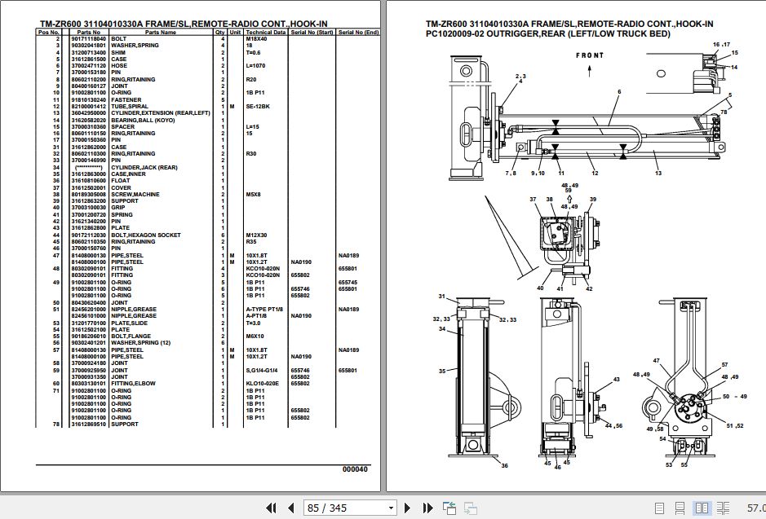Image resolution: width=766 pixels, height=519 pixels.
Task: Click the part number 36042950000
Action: click(x=88, y=112)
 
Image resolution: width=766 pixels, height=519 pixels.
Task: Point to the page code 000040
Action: click(x=355, y=468)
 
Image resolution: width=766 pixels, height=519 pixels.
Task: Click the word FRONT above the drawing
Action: click(x=590, y=55)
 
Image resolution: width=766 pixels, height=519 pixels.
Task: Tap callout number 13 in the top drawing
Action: click(x=658, y=173)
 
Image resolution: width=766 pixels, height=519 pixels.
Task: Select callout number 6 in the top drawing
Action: click(x=619, y=92)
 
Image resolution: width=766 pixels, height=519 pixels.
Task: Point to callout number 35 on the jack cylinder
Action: click(x=441, y=371)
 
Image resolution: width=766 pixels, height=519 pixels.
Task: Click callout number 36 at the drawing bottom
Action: click(x=504, y=465)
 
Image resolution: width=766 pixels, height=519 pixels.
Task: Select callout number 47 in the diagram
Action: click(x=654, y=359)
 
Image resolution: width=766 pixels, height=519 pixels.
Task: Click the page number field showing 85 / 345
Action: click(x=326, y=508)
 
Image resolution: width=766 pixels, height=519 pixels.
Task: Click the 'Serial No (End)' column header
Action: click(x=359, y=33)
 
